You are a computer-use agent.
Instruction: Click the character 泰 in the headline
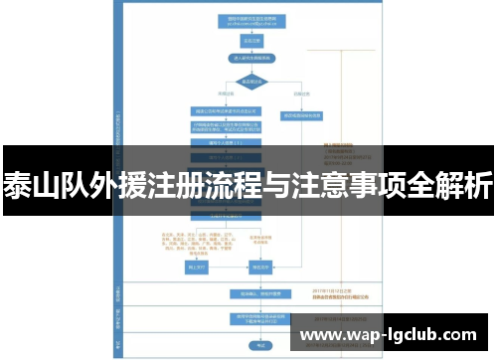(x=19, y=186)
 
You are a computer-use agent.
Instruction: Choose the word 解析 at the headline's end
(x=465, y=186)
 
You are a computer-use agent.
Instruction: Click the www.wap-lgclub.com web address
(x=392, y=333)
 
